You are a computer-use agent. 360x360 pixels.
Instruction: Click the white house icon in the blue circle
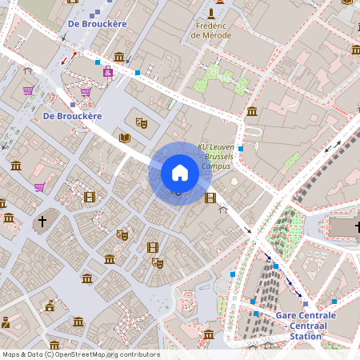tap(179, 173)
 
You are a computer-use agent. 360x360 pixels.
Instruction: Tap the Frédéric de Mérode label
tap(211, 30)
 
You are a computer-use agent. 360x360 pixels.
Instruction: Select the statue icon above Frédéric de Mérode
tap(211, 14)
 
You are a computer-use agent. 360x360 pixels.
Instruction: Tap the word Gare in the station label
tap(288, 315)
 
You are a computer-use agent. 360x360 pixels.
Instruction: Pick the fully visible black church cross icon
tap(42, 220)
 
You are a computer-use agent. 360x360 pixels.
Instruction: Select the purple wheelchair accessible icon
tap(107, 71)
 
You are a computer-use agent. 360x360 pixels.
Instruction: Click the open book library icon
tap(125, 138)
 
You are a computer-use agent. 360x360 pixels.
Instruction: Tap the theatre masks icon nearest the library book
tap(142, 122)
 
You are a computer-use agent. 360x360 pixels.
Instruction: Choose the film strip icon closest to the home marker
tap(210, 198)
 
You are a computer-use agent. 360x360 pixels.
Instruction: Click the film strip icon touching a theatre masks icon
tap(152, 248)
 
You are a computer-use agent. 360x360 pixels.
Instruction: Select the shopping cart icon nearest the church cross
tap(39, 187)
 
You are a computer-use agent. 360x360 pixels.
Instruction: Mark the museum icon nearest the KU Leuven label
tap(252, 111)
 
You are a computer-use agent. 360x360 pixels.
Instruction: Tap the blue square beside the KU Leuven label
tap(241, 149)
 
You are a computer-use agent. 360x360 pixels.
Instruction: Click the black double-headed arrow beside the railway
tap(332, 146)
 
